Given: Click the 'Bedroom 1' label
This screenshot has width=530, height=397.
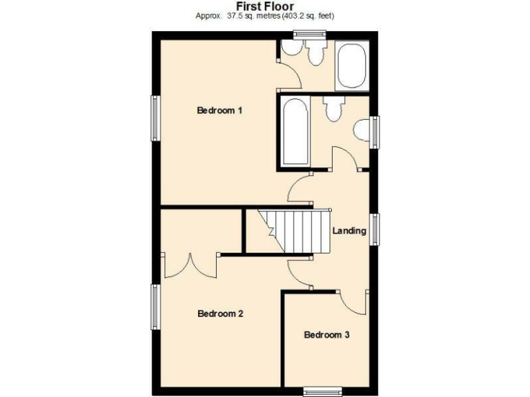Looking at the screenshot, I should [x=220, y=110].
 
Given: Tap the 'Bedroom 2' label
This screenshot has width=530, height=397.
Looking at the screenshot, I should [x=220, y=314].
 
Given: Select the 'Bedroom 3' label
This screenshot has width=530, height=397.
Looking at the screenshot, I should [x=327, y=335].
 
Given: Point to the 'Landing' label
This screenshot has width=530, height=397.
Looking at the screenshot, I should [x=349, y=230].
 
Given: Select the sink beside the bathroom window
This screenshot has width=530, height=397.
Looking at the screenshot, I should [x=362, y=131].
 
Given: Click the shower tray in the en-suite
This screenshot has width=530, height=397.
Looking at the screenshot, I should [x=352, y=66].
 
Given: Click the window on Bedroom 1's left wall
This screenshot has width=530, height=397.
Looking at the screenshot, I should [x=156, y=118].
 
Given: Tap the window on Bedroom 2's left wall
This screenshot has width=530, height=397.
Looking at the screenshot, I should [x=156, y=307].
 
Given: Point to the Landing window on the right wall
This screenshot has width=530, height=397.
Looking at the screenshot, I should [x=374, y=230].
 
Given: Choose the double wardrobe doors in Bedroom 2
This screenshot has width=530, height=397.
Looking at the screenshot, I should [x=190, y=265].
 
